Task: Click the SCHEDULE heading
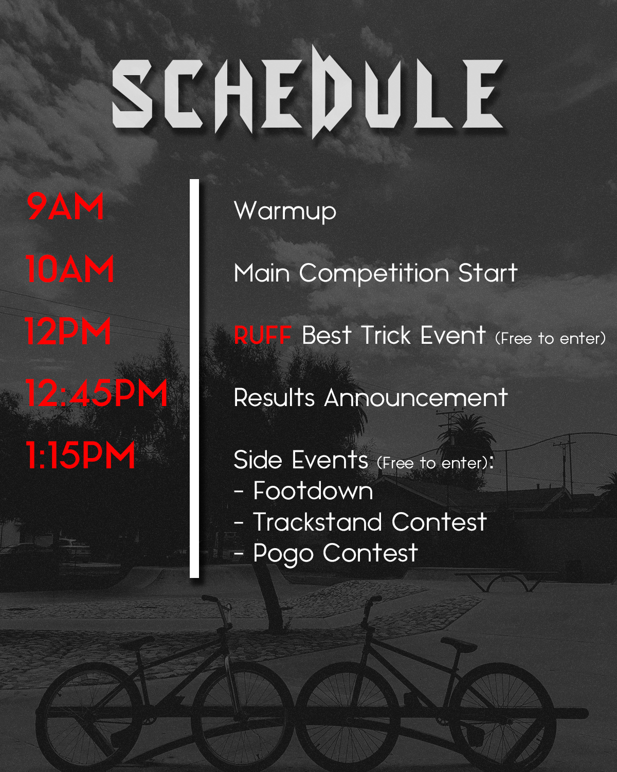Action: point(307,93)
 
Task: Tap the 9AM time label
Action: point(65,206)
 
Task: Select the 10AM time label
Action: point(69,269)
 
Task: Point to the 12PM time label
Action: point(68,331)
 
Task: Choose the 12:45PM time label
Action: point(96,393)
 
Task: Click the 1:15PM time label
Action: point(80,455)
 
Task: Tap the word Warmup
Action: point(285,212)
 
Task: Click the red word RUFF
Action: point(262,335)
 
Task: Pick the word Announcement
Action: point(416,397)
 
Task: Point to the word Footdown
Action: point(313,491)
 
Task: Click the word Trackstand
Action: point(317,522)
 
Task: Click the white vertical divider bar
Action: point(194,378)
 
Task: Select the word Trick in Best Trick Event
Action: point(386,335)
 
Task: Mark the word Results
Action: point(274,397)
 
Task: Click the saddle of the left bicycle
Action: point(137,641)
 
